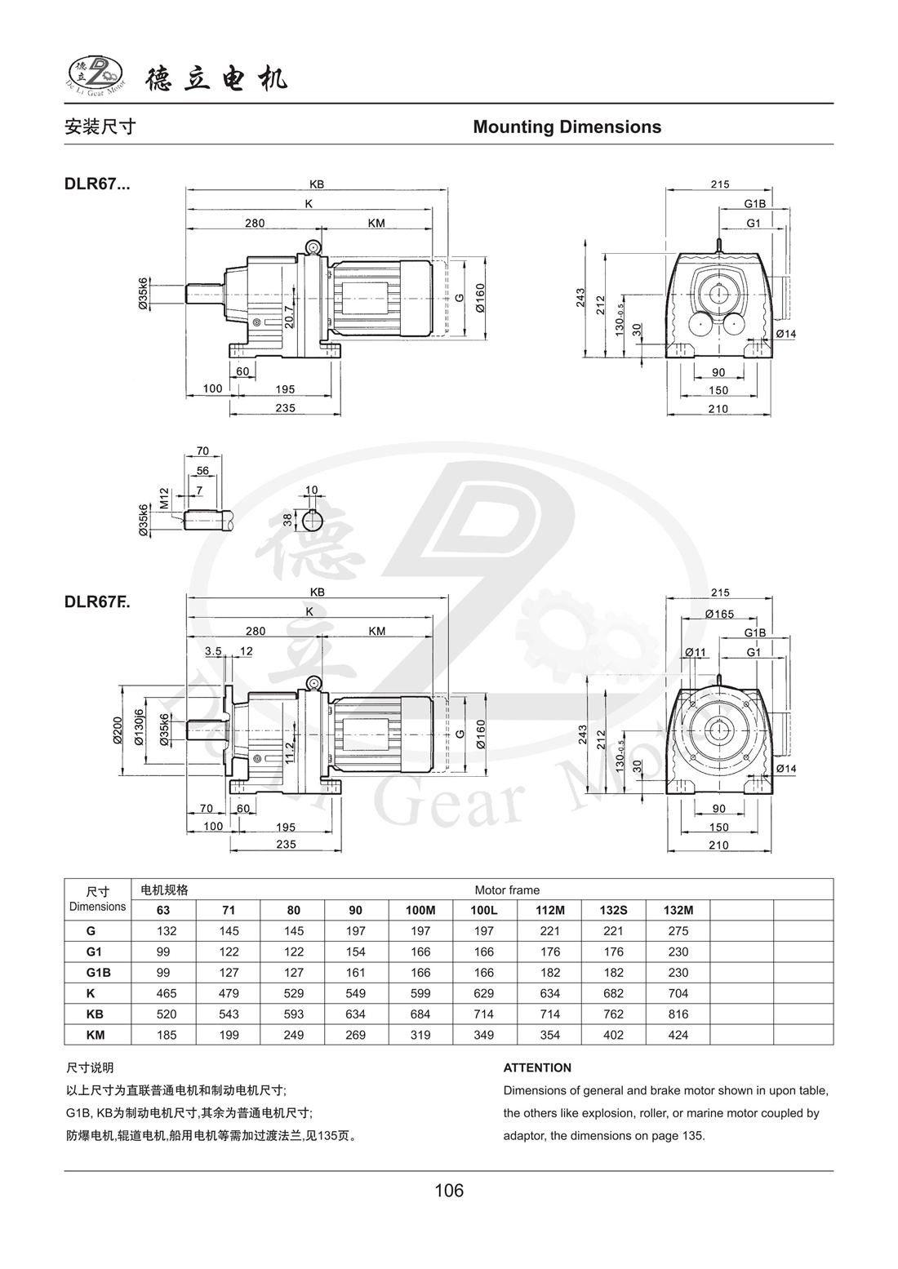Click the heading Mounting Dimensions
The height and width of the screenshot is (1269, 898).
coord(567,127)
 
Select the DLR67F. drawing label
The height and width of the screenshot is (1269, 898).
coord(97,602)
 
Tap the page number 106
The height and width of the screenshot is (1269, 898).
coord(449,1191)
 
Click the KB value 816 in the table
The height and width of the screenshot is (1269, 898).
coord(678,1014)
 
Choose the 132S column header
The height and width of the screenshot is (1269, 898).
coord(613,910)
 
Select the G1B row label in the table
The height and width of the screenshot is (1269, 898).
coord(91,973)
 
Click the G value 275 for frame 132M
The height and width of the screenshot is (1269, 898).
coord(678,931)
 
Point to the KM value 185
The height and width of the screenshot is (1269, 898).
coord(166,1035)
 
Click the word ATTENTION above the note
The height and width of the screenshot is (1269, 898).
coord(537,1067)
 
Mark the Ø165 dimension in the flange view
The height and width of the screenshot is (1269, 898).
coord(719,614)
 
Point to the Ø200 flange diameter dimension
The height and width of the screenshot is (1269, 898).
coord(117,730)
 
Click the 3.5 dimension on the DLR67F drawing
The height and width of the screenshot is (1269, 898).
coord(213,651)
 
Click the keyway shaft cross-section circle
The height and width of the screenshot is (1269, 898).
coord(311,520)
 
